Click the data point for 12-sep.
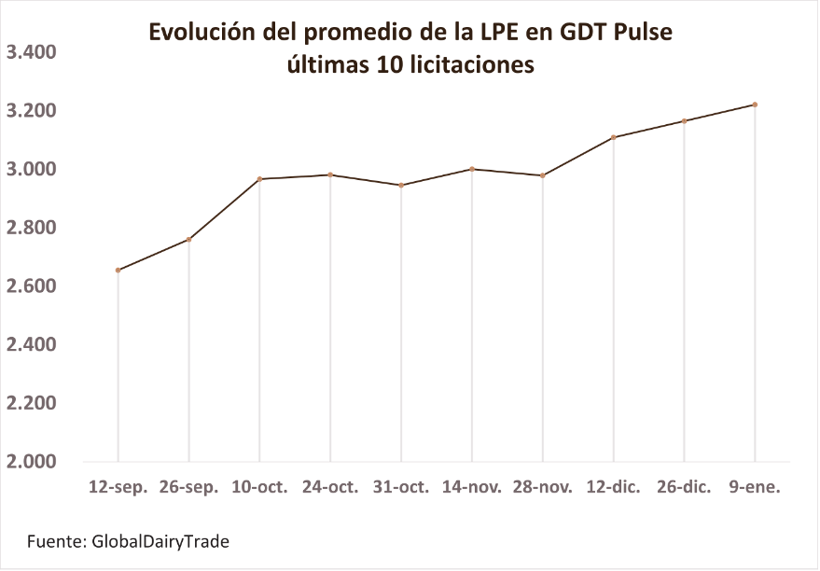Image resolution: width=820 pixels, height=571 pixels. coord(118,271)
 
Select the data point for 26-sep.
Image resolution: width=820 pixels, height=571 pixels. coord(189,240)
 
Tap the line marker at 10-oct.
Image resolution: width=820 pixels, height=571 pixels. coord(260,179)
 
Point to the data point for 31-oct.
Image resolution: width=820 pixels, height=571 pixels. coord(401,185)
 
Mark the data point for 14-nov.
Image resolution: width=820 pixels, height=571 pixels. coord(472,169)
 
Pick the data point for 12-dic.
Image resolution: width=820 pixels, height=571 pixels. coord(614,137)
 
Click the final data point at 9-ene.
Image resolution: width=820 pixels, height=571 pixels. coord(755,104)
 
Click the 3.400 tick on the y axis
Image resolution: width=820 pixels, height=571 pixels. coord(32,52)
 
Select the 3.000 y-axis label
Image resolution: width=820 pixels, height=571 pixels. coord(32,169)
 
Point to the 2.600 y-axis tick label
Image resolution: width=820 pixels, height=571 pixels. coord(32,286)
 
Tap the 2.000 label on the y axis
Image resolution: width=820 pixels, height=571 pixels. coord(32,462)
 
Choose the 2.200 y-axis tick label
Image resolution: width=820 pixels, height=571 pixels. coord(32,403)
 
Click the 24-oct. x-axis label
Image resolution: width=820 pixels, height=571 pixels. coord(330,487)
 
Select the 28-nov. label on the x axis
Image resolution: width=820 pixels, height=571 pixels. coord(542,487)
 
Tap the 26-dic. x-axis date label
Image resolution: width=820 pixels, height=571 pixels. coord(684,487)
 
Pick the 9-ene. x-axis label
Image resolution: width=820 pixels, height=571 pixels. coord(755,487)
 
